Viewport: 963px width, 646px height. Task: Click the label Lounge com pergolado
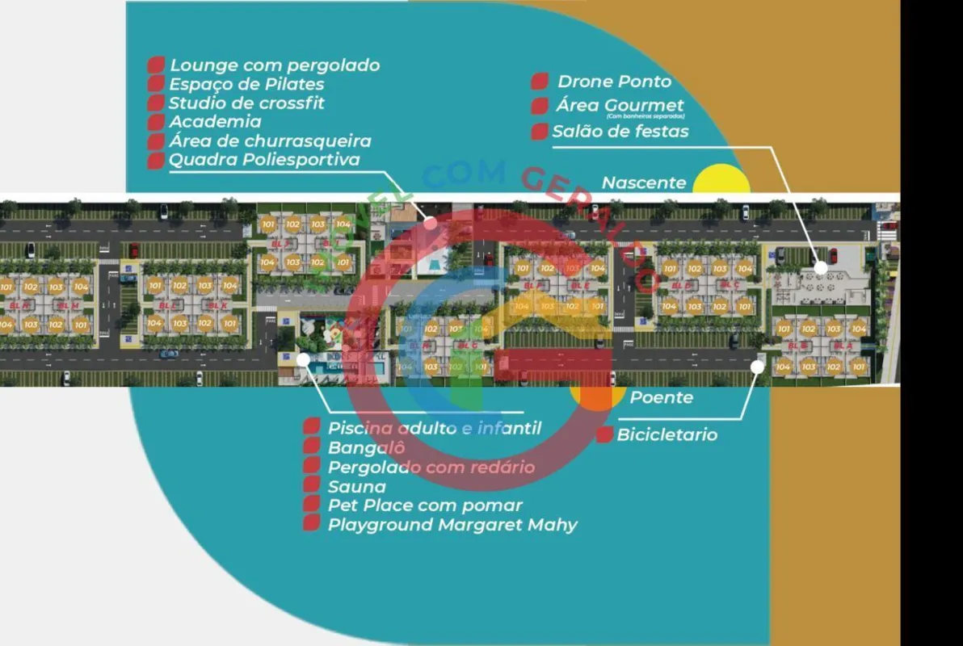(x=274, y=65)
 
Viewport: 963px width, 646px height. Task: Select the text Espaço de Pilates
(x=246, y=84)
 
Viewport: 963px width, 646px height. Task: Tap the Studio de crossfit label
(x=246, y=103)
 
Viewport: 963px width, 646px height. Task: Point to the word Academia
(x=215, y=122)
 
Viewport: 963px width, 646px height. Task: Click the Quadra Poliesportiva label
(x=264, y=159)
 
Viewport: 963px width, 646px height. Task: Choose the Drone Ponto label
(x=614, y=82)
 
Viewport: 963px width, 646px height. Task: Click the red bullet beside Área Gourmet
(x=540, y=107)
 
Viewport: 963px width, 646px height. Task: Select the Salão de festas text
(x=620, y=131)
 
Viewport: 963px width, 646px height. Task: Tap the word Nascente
(x=643, y=182)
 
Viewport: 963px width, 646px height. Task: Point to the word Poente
(x=661, y=397)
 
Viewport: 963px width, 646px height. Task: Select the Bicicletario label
(x=667, y=435)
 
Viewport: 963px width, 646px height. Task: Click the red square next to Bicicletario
(x=604, y=435)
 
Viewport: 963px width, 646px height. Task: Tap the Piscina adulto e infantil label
(x=434, y=428)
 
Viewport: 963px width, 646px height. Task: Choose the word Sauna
(x=356, y=486)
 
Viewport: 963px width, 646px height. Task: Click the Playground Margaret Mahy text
(x=452, y=525)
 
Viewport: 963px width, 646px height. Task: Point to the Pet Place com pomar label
(x=425, y=505)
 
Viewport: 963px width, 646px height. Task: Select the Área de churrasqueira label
(x=270, y=141)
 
